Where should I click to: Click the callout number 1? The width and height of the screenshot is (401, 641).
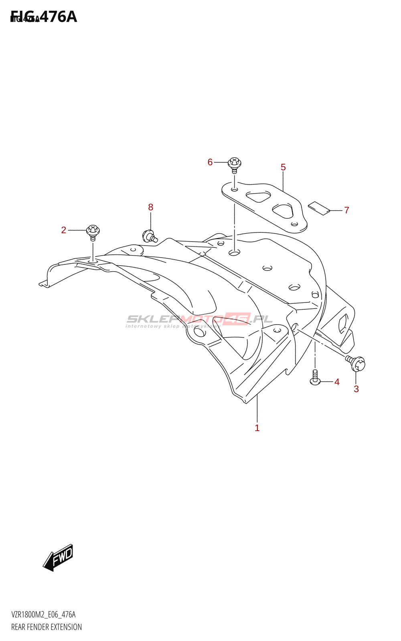point(257,428)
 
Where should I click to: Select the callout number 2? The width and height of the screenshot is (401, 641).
point(64,230)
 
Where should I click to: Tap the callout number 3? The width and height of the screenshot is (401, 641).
point(356,389)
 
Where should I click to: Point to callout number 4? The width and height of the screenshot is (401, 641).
point(337,382)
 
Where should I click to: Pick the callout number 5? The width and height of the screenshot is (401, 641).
point(283,167)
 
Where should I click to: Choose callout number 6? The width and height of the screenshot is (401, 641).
point(210,162)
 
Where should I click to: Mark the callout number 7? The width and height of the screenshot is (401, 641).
point(347,210)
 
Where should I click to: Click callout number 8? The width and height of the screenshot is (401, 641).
point(151,207)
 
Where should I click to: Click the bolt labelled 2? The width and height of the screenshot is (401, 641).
point(93,232)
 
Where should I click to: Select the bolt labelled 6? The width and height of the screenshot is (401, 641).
point(235,164)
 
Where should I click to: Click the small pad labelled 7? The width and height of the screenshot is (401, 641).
point(319,208)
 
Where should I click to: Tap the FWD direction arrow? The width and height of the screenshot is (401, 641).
point(59,557)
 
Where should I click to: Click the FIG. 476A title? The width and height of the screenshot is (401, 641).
point(44,17)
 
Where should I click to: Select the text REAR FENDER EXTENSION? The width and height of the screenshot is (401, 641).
point(47,627)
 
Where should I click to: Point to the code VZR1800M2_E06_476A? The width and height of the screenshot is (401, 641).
point(43,615)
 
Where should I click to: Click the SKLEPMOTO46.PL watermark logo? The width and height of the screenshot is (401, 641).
point(199,320)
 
